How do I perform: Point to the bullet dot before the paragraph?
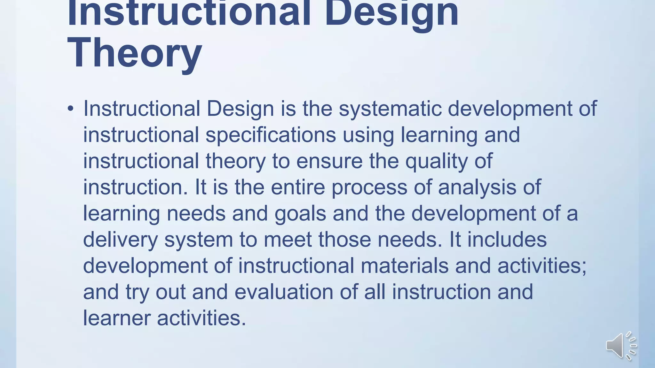pyautogui.click(x=71, y=109)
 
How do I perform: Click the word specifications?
pyautogui.click(x=271, y=134)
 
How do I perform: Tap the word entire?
pyautogui.click(x=298, y=187)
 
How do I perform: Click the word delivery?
pyautogui.click(x=120, y=239)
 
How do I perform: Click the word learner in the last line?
pyautogui.click(x=117, y=318)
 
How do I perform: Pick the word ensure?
pyautogui.click(x=329, y=161)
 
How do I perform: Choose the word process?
pyautogui.click(x=369, y=187)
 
